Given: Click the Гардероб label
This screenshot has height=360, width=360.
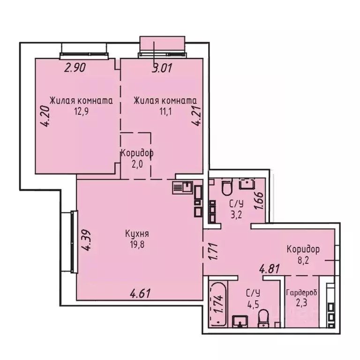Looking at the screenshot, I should click(x=301, y=292).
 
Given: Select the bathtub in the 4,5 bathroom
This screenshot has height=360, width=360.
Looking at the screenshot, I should click(x=218, y=303).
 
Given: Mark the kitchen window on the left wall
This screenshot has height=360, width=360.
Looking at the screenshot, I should click(x=73, y=241).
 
